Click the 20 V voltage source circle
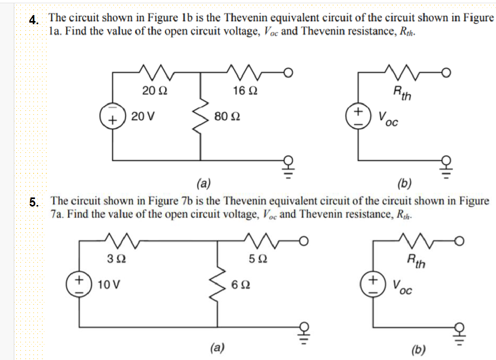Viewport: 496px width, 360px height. (x=113, y=116)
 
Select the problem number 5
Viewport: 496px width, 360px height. (x=34, y=202)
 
